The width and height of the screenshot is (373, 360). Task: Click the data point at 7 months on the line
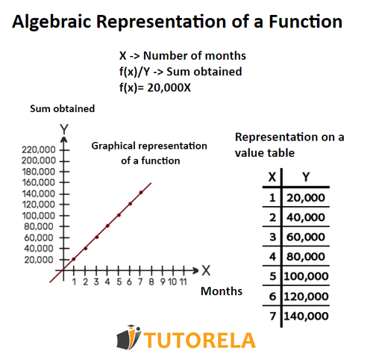point(140,192)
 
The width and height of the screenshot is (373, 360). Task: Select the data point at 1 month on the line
point(74,258)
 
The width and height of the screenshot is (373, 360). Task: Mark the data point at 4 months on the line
point(107,226)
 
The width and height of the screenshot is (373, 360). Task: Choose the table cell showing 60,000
point(307,237)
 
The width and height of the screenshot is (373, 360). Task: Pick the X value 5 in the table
point(272,276)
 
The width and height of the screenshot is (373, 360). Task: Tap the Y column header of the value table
point(307,178)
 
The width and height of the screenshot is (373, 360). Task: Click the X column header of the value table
point(272,178)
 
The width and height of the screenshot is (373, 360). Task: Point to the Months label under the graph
point(222,291)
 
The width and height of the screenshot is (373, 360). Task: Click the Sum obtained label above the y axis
point(63,109)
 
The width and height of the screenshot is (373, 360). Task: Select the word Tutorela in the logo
point(199,341)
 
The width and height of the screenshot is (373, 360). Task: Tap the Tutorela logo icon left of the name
point(128,338)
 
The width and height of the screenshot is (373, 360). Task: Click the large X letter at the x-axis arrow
point(207,270)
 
